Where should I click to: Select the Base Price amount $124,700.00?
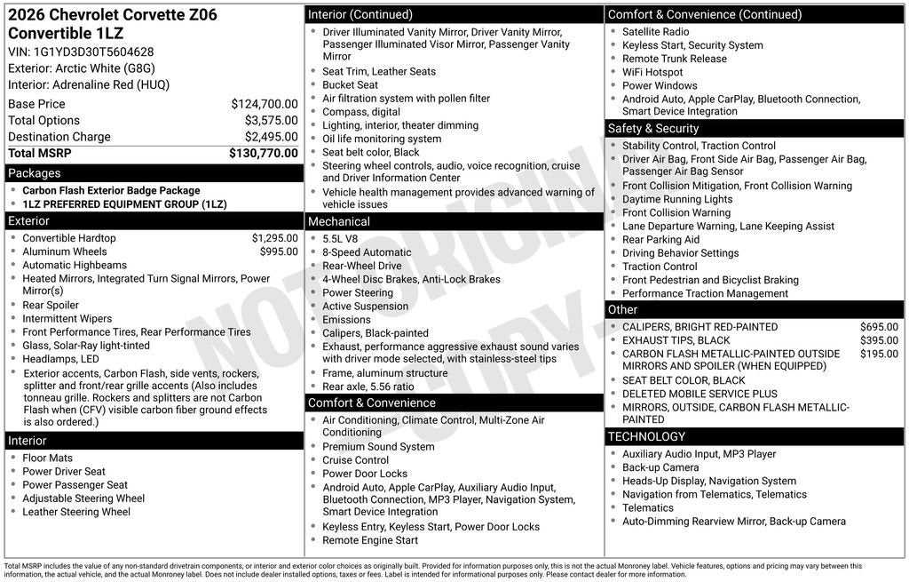click(264, 104)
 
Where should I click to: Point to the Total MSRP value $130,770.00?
click(264, 153)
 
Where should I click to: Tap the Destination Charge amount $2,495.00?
click(271, 137)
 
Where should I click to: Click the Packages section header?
click(35, 173)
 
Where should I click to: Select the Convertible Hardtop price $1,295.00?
click(274, 238)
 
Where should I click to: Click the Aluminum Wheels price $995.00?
click(279, 251)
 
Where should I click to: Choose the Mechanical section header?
click(339, 221)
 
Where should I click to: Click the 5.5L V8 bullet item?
click(340, 239)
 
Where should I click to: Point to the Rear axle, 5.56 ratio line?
click(368, 387)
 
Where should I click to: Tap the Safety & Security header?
click(653, 128)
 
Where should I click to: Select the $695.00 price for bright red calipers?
click(879, 327)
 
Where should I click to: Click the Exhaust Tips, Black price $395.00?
click(879, 340)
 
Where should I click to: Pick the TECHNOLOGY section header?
click(646, 436)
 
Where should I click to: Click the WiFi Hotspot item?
click(652, 72)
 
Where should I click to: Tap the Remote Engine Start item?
click(370, 540)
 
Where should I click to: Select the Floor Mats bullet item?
click(47, 458)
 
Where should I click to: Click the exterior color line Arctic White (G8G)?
click(82, 68)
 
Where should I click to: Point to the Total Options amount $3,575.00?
click(271, 120)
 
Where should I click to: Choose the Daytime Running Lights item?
click(677, 199)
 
